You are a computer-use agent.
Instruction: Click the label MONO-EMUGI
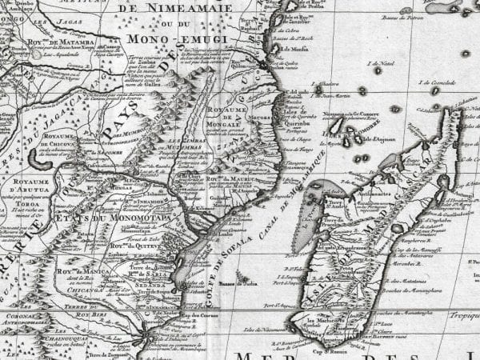pos(183,38)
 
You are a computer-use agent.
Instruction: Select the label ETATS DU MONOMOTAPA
pos(95,195)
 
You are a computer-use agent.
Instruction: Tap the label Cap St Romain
pos(318,349)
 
